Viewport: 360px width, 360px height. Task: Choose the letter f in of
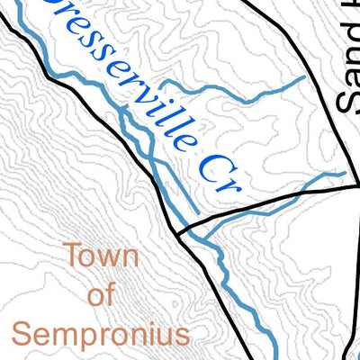pyautogui.click(x=112, y=294)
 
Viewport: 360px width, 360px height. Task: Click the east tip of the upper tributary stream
pyautogui.click(x=302, y=79)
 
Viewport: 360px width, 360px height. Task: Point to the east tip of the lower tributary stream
pyautogui.click(x=345, y=172)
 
